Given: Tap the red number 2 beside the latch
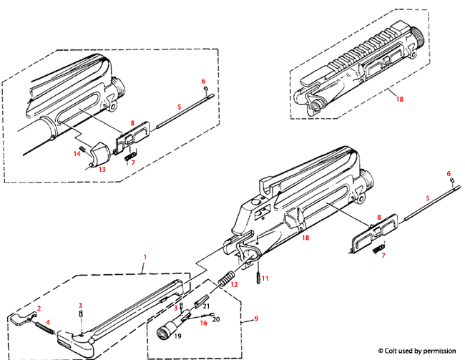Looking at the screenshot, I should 39,308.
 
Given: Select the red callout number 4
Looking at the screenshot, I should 49,323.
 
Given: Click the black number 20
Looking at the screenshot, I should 217,318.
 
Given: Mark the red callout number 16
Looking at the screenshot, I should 203,323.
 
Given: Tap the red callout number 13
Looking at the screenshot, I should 101,170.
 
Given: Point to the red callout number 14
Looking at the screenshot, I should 77,152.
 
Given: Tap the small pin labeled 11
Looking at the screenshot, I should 256,275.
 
